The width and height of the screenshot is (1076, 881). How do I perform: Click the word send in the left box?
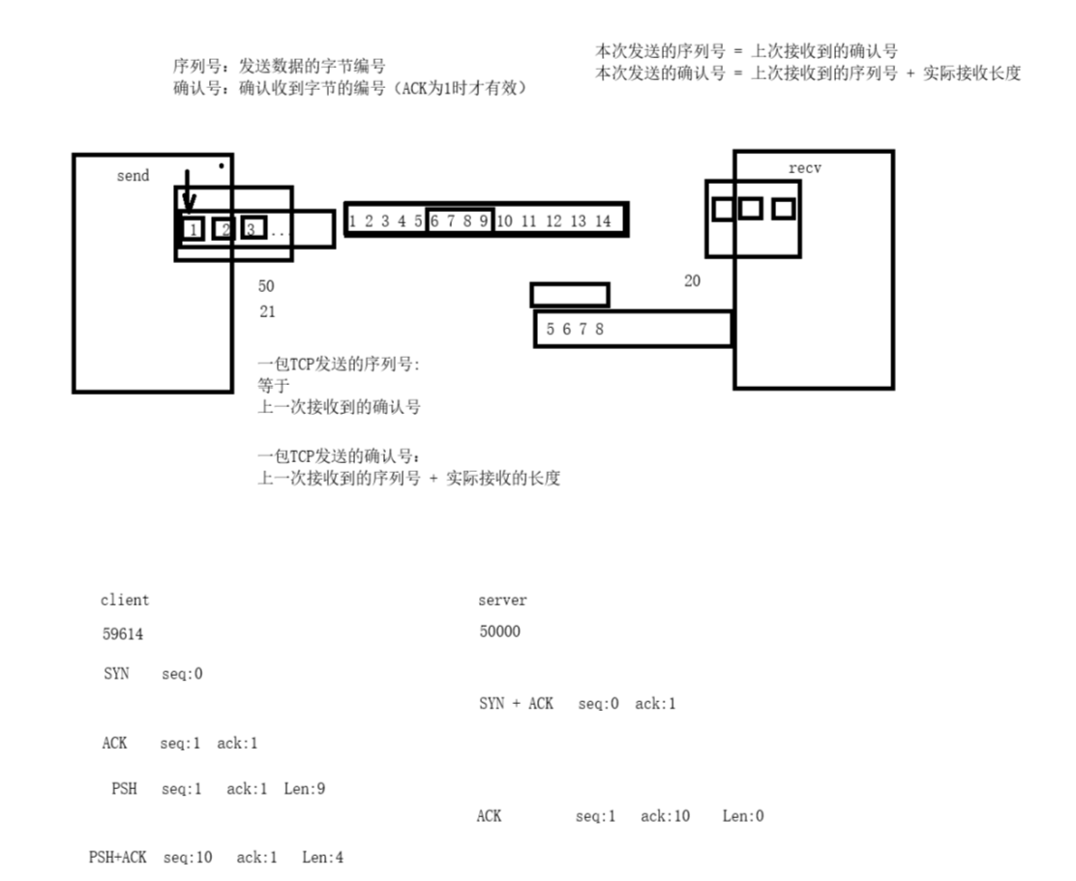(x=133, y=176)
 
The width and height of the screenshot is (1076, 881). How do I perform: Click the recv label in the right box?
(x=804, y=168)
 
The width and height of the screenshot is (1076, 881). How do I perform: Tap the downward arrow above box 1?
(x=189, y=191)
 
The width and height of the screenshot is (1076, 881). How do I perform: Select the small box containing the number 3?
(x=253, y=229)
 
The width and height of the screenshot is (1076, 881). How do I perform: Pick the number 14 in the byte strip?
(x=602, y=221)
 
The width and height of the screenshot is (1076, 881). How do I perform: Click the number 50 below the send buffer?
(x=266, y=286)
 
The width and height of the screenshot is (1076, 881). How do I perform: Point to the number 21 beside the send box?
(x=267, y=311)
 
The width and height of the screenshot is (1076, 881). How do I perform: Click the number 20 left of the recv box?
(x=691, y=280)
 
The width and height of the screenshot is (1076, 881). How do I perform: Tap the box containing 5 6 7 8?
(x=632, y=329)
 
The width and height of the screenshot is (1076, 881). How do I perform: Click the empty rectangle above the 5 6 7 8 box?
(x=570, y=294)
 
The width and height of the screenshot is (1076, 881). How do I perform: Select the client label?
(x=125, y=601)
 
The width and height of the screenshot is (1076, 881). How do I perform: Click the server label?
(x=502, y=601)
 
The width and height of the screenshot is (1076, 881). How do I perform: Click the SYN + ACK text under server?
(x=516, y=704)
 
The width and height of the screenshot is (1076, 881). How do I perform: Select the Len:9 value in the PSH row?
(x=304, y=789)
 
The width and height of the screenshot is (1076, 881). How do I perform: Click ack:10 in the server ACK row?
(x=665, y=816)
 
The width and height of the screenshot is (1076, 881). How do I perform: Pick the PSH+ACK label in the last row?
(x=117, y=857)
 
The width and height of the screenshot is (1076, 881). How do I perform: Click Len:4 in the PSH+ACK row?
(x=322, y=857)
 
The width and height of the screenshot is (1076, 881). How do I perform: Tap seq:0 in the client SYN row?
(x=182, y=674)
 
